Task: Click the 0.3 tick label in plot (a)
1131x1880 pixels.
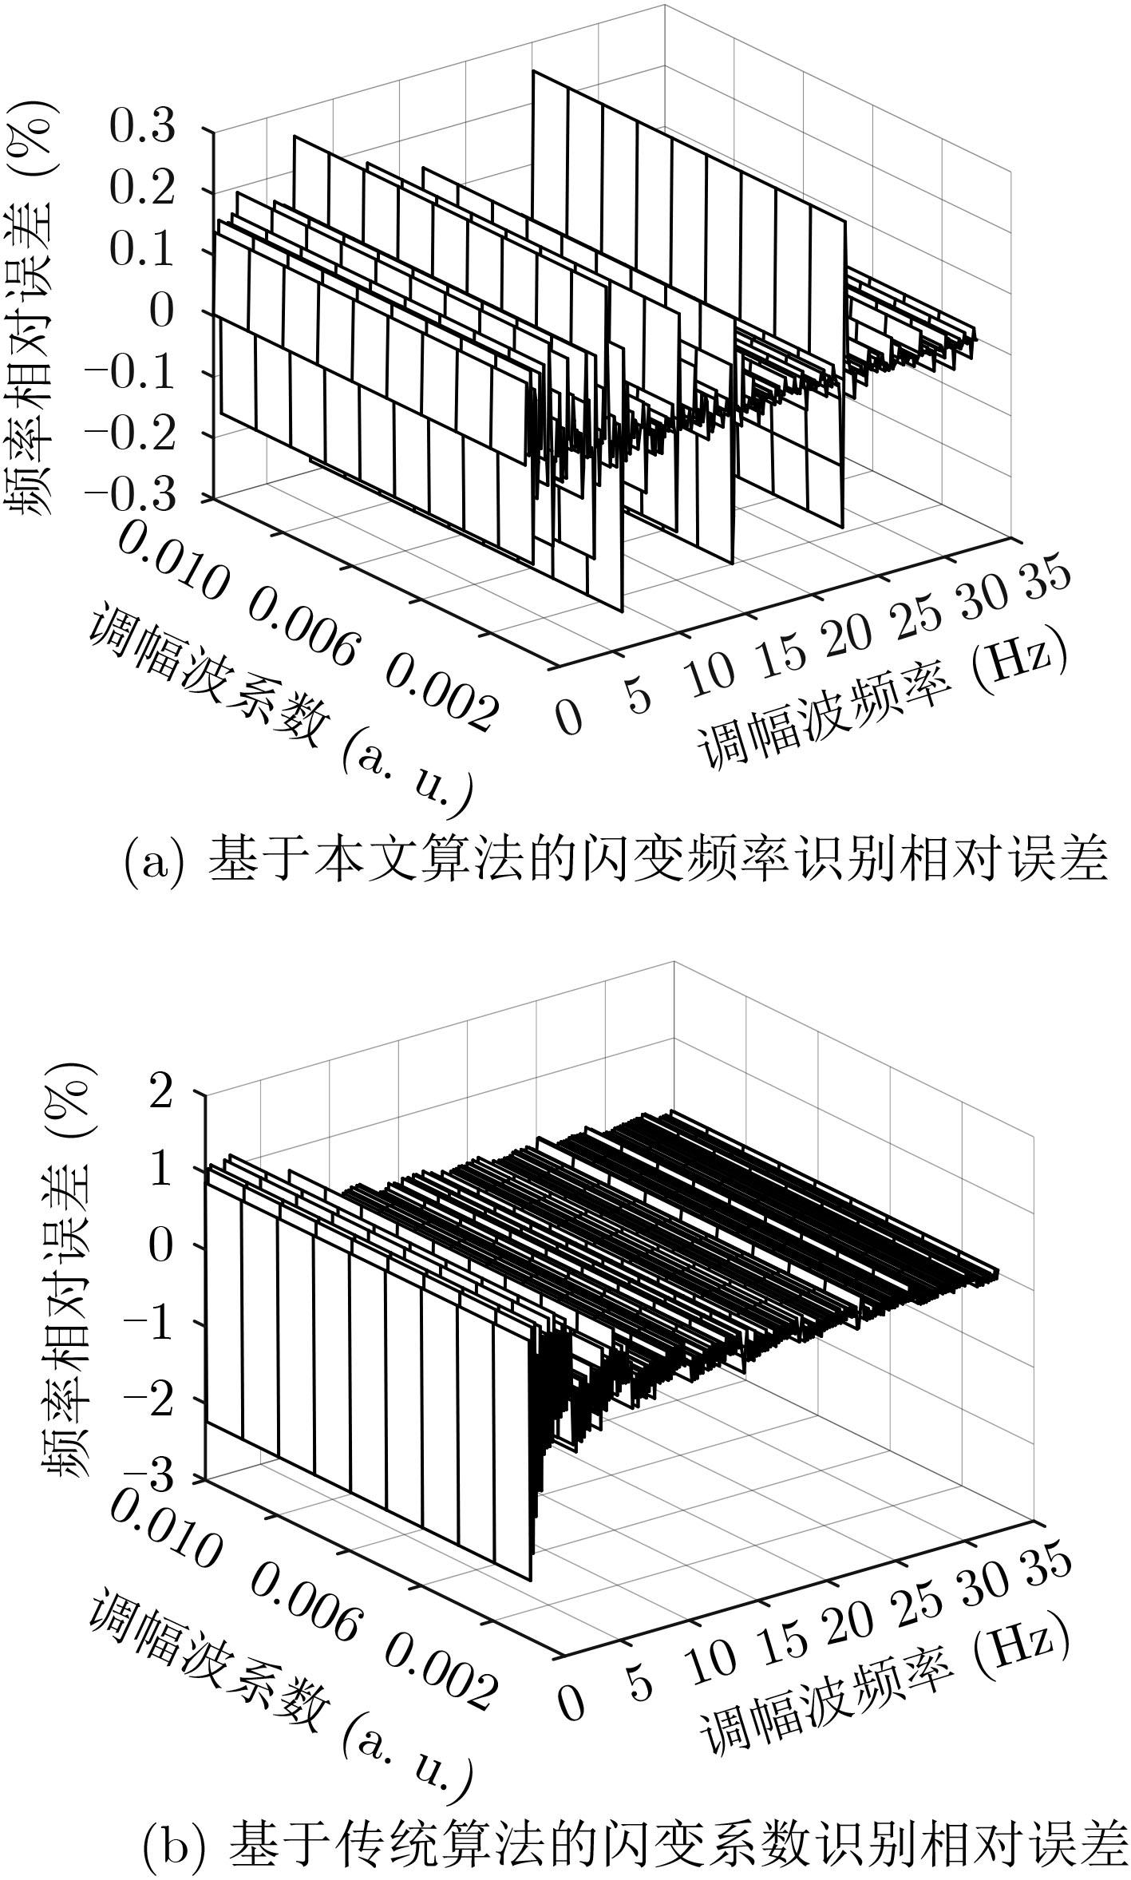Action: pyautogui.click(x=141, y=128)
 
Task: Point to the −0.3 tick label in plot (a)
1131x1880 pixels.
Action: pyautogui.click(x=128, y=496)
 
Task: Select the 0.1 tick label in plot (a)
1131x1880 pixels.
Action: pyautogui.click(x=141, y=251)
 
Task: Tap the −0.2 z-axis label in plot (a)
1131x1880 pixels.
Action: pyautogui.click(x=128, y=434)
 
